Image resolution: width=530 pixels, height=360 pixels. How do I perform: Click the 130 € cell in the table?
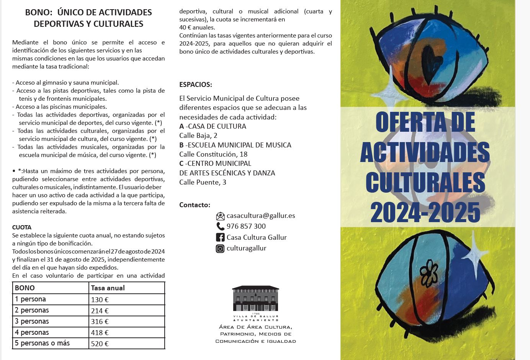[x=100, y=300]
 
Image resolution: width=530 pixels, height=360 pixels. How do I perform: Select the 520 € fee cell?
[x=100, y=344]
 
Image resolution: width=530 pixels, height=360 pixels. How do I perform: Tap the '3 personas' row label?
[x=32, y=321]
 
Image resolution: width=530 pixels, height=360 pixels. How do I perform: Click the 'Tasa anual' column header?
[x=108, y=288]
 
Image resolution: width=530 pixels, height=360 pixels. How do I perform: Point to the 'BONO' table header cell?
[x=25, y=288]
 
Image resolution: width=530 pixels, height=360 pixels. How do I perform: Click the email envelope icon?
[x=220, y=216]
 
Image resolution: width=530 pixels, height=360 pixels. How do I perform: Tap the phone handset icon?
[x=220, y=226]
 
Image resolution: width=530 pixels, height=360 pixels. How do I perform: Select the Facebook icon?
[x=220, y=237]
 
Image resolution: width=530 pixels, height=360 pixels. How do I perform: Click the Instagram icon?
[x=220, y=249]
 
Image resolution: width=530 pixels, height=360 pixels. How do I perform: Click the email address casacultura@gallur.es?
[x=261, y=216]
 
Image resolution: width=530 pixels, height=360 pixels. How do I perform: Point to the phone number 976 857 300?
[x=246, y=226]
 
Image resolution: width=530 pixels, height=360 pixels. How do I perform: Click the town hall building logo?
[x=255, y=299]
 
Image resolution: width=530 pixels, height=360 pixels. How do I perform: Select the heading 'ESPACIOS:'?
[x=196, y=85]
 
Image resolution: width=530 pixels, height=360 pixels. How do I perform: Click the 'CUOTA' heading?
[x=22, y=227]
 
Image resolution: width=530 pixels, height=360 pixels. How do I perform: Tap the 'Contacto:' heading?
[x=195, y=205]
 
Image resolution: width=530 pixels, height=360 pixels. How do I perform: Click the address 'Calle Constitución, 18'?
[x=213, y=154]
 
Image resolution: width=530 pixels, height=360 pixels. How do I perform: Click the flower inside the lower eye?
[x=429, y=273]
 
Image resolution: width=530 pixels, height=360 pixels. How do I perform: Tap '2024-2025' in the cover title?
[x=425, y=212]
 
